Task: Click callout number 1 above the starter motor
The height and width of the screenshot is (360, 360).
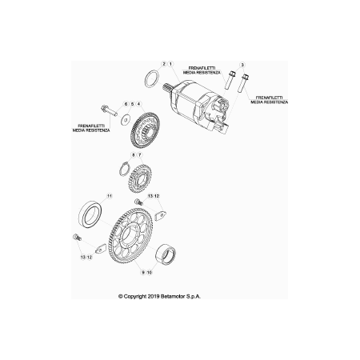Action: pos(170,64)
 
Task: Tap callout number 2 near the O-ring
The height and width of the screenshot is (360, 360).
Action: pos(164,64)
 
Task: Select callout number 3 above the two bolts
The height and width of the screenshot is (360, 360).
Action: pos(242,65)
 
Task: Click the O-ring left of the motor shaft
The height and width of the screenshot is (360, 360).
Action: pos(152,78)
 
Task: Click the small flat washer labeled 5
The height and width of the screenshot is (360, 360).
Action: pos(125,120)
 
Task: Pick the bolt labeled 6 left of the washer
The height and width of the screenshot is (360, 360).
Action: pos(109,110)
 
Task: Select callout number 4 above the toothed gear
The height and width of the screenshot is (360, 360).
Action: pos(138,103)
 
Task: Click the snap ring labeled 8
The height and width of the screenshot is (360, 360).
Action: pos(124,170)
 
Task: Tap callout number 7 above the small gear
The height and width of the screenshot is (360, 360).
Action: pos(139,155)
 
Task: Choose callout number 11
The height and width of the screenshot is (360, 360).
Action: pos(109,196)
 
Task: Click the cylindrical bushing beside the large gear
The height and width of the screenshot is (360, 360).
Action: pos(166,254)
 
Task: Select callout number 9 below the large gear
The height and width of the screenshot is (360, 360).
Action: pos(143,272)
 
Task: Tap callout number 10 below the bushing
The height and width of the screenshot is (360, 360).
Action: pos(150,272)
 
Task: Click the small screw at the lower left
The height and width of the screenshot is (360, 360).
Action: pos(77,237)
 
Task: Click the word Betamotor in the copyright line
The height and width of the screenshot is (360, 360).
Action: pos(173,296)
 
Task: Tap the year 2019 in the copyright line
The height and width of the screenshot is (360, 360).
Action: pos(154,296)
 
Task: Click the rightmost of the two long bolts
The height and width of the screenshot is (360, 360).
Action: pos(243,83)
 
